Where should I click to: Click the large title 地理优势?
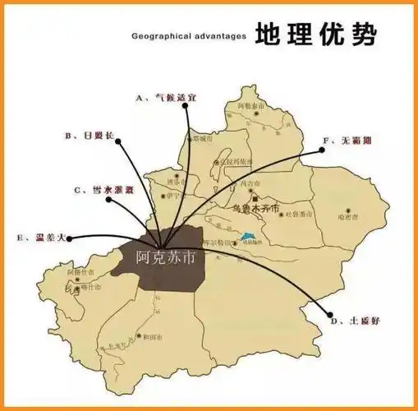click(316, 35)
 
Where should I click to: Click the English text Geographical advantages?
click(188, 37)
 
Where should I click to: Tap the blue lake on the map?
click(247, 240)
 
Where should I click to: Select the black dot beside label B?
click(120, 141)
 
